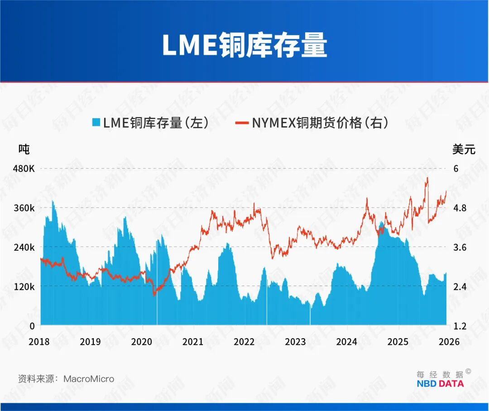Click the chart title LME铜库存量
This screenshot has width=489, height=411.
[x=244, y=45]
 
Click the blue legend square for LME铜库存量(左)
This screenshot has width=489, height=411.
[x=96, y=123]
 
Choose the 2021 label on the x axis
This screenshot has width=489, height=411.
[x=193, y=341]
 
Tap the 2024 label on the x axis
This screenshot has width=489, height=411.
[x=346, y=341]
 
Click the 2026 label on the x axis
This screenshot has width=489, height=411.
[x=449, y=341]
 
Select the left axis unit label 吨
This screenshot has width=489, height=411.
[x=24, y=149]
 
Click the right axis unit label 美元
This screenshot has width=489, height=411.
[x=464, y=149]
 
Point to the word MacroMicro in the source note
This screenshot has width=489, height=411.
[x=89, y=379]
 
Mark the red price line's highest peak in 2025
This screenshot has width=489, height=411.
[x=427, y=178]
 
